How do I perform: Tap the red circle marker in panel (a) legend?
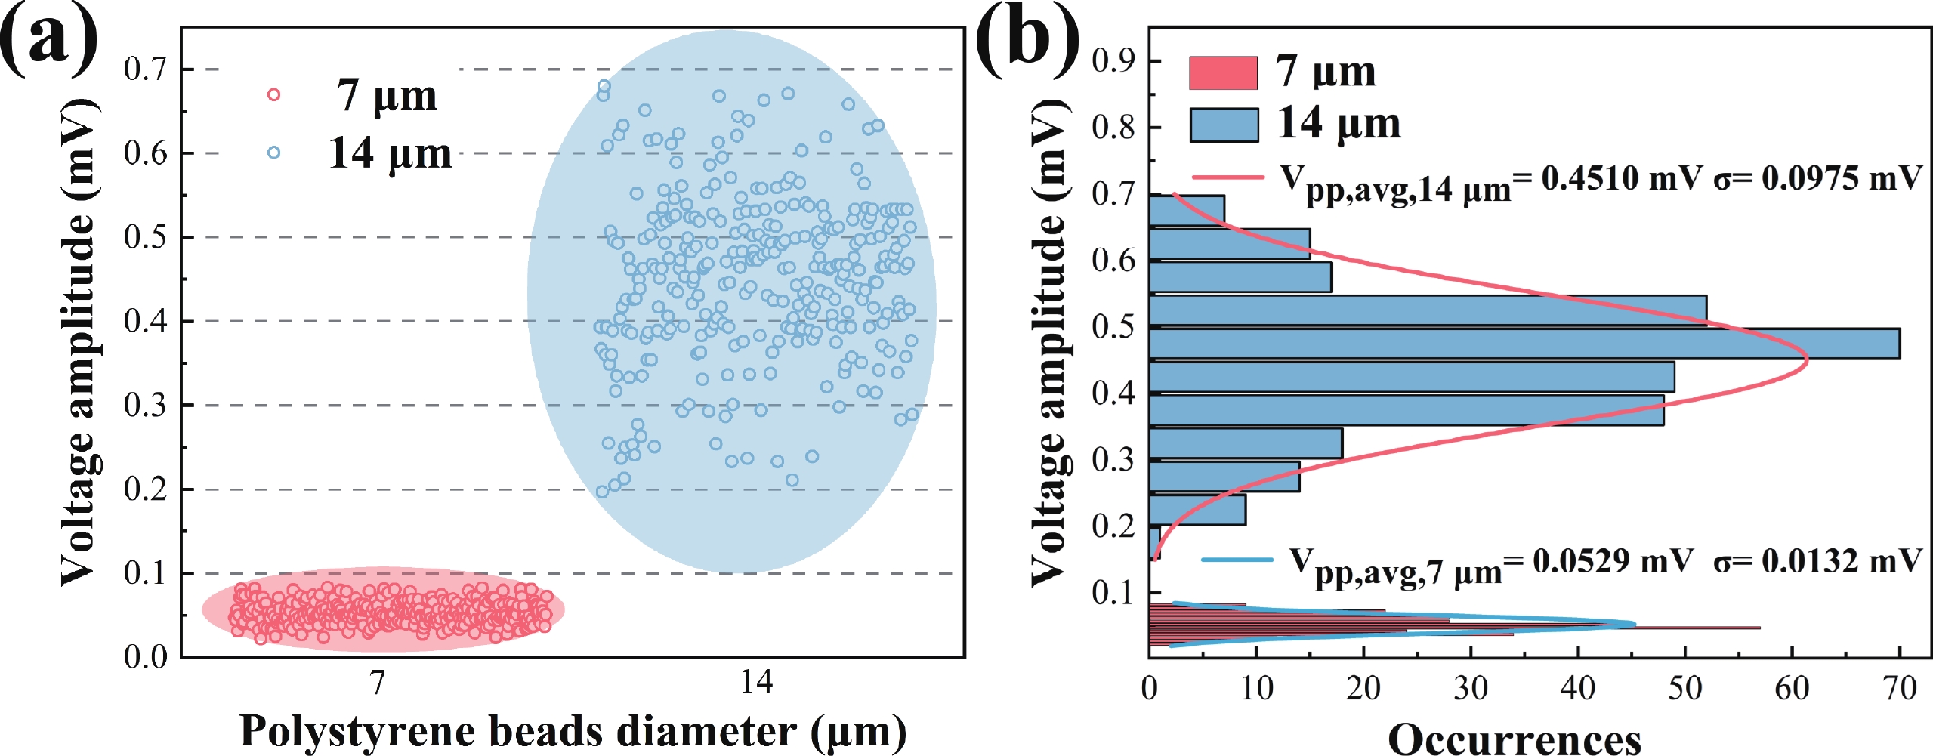tap(274, 94)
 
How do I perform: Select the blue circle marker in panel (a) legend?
tap(273, 153)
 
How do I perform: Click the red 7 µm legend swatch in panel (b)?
tap(1223, 73)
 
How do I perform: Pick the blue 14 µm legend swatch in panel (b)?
tap(1224, 125)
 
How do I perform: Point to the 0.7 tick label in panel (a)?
tap(145, 69)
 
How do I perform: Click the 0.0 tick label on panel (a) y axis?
tap(145, 657)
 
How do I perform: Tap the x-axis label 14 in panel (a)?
tap(756, 683)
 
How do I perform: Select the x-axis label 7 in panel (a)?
tap(378, 683)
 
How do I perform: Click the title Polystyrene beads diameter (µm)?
tap(573, 731)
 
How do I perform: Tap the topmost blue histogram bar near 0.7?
tap(1187, 210)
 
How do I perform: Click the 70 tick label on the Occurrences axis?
tap(1899, 689)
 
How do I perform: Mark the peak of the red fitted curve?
tap(1807, 360)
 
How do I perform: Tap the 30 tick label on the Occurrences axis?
tap(1471, 689)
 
